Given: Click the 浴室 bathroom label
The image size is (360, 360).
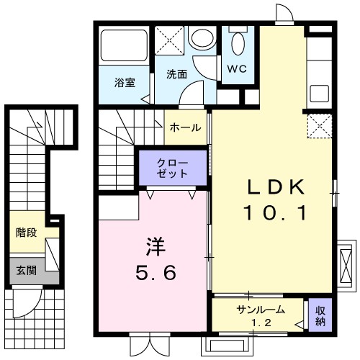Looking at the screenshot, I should click(x=124, y=82).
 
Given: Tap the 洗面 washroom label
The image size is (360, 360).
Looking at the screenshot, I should click(x=177, y=74).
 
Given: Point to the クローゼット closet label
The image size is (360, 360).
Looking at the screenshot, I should click(x=174, y=168).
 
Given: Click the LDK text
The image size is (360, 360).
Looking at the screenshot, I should click(x=277, y=186).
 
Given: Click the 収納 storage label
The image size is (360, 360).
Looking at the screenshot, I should click(x=320, y=315).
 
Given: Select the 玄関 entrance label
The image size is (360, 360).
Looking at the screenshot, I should click(x=27, y=271).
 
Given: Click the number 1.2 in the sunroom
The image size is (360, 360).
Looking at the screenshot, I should click(x=260, y=322).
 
